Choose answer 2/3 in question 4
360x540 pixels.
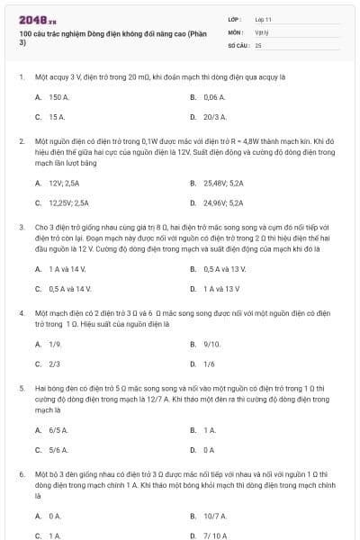(54, 364)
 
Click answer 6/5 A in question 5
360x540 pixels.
(58, 430)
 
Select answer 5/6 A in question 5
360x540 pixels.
(58, 450)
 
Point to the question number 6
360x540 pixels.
(21, 472)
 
